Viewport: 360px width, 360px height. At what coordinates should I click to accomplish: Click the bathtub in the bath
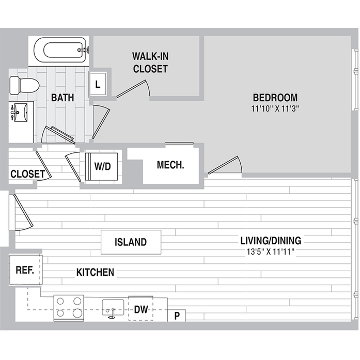pyautogui.click(x=62, y=51)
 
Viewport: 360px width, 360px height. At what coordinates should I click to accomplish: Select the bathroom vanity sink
pyautogui.click(x=20, y=112)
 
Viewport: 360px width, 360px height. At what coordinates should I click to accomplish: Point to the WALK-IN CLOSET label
pyautogui.click(x=150, y=62)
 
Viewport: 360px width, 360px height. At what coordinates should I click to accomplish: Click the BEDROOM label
pyautogui.click(x=275, y=98)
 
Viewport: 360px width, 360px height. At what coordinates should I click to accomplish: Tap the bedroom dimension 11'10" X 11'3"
pyautogui.click(x=275, y=109)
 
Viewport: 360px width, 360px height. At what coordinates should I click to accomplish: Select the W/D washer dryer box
pyautogui.click(x=102, y=166)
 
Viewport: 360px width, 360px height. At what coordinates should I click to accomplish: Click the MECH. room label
pyautogui.click(x=170, y=165)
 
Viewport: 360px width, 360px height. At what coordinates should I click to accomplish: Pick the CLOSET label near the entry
pyautogui.click(x=27, y=174)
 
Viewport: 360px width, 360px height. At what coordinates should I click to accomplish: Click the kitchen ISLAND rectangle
pyautogui.click(x=131, y=242)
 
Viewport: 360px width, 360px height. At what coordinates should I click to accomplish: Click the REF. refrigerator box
pyautogui.click(x=25, y=270)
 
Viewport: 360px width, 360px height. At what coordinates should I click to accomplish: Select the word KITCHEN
pyautogui.click(x=95, y=272)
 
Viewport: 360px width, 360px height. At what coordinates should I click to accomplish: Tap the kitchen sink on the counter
pyautogui.click(x=112, y=308)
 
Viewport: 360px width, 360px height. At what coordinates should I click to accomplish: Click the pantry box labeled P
pyautogui.click(x=177, y=316)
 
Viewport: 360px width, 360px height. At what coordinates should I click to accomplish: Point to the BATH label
pyautogui.click(x=62, y=97)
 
